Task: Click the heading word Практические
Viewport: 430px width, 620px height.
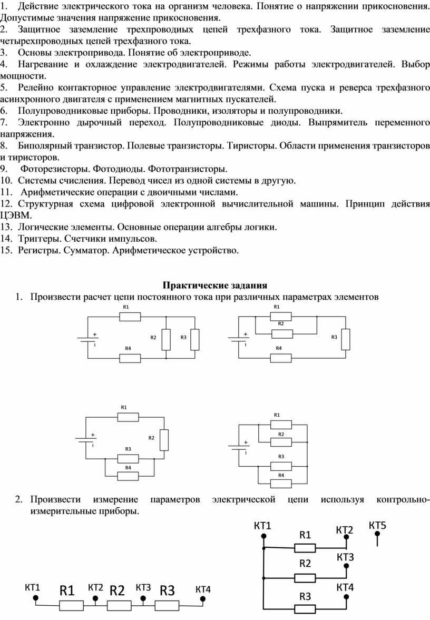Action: pyautogui.click(x=196, y=286)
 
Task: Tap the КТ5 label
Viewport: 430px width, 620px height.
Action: pyautogui.click(x=377, y=525)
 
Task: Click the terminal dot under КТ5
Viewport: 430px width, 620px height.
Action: pyautogui.click(x=377, y=534)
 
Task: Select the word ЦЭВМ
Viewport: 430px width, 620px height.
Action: pyautogui.click(x=16, y=216)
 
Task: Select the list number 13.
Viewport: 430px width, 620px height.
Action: pyautogui.click(x=6, y=228)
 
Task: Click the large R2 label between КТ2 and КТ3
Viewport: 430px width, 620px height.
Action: pyautogui.click(x=117, y=591)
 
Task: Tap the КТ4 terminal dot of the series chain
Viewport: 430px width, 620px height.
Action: pyautogui.click(x=203, y=598)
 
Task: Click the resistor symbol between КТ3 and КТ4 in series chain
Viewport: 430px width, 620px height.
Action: pyautogui.click(x=167, y=605)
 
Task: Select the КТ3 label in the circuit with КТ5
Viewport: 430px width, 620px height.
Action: pyautogui.click(x=345, y=557)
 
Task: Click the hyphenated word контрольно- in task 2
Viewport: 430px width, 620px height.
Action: pyautogui.click(x=403, y=499)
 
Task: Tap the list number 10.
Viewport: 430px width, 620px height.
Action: pyautogui.click(x=6, y=181)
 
